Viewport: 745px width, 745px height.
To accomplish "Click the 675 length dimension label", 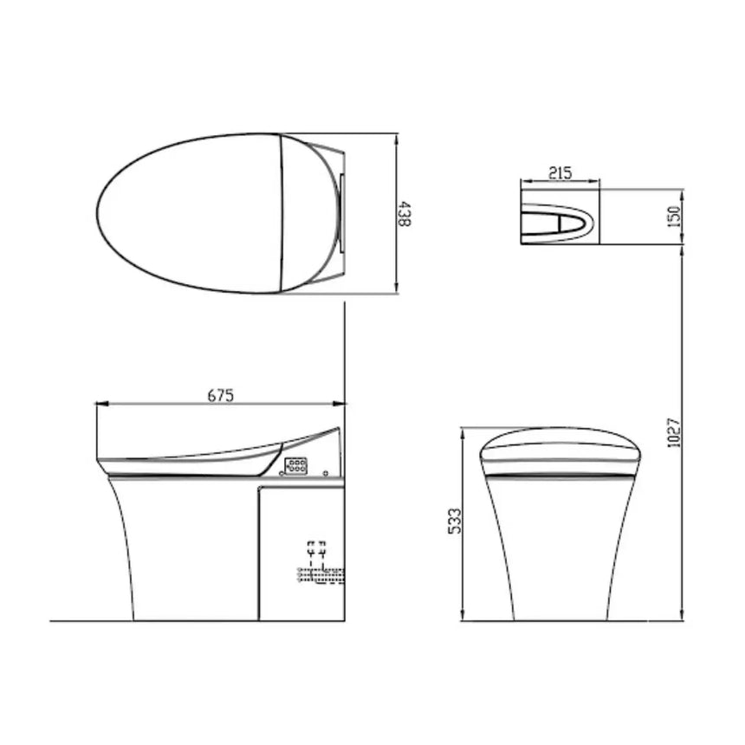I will [220, 394].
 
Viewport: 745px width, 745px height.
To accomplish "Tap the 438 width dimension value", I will [405, 213].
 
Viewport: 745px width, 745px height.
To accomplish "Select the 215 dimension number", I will [560, 172].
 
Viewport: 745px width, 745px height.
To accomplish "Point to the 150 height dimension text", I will [676, 213].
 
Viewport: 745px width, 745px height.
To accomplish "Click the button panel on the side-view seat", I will [295, 466].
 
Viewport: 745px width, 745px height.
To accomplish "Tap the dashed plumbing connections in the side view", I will [320, 563].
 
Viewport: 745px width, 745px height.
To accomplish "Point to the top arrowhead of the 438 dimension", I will [397, 138].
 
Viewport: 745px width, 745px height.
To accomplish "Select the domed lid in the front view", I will [561, 449].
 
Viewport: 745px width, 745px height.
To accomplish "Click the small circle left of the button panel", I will [325, 473].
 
